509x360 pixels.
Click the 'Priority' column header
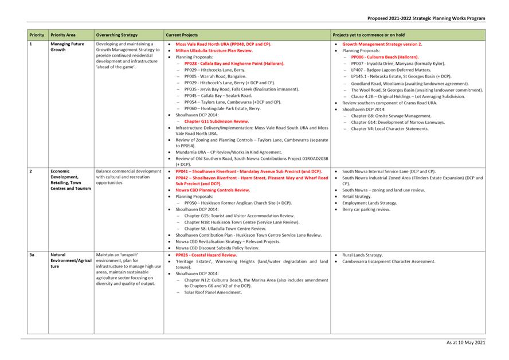tap(37, 35)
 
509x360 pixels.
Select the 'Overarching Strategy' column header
tap(117, 35)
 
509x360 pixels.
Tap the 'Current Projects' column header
tap(182, 35)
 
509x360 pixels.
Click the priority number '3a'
tap(33, 255)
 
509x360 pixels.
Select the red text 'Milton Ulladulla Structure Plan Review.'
tap(214, 50)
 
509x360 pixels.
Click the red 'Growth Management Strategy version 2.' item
tap(382, 44)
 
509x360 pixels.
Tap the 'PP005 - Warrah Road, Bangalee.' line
tap(216, 76)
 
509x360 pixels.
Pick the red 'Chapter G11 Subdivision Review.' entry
tap(217, 121)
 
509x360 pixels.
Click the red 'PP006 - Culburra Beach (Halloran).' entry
tap(385, 57)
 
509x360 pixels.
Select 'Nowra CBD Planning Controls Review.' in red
tap(213, 190)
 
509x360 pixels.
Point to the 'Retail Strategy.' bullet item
tap(357, 197)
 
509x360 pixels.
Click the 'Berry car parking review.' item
tap(366, 209)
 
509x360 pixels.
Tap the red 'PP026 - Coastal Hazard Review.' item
tap(206, 255)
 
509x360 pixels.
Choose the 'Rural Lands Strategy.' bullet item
tap(362, 255)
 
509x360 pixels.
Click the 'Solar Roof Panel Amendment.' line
tap(213, 292)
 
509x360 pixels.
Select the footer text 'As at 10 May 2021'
tap(465, 342)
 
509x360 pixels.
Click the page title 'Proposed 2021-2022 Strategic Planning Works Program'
tap(426, 18)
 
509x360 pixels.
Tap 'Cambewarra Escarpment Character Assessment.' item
tap(389, 261)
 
